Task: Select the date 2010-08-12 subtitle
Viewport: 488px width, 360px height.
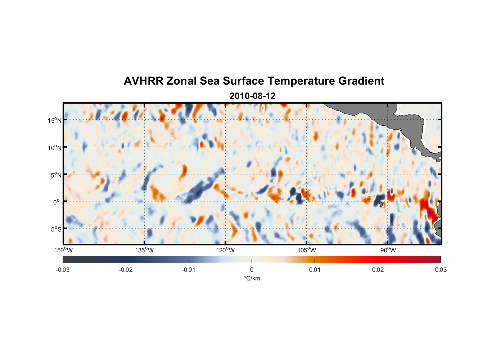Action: (x=252, y=96)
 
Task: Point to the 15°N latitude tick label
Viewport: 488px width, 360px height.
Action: (x=55, y=120)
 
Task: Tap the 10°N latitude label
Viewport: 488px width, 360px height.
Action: (x=55, y=148)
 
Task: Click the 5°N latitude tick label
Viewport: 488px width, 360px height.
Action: (x=56, y=175)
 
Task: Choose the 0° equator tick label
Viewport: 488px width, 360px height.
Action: (x=57, y=202)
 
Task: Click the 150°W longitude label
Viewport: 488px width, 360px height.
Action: (x=64, y=250)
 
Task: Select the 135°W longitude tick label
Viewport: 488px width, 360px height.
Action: (x=145, y=250)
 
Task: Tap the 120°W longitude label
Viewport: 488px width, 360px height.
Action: (x=226, y=250)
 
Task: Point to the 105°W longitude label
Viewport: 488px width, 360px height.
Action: (x=307, y=250)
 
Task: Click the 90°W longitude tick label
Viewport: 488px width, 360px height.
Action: (x=388, y=250)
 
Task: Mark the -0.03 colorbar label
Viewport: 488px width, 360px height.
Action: (x=63, y=270)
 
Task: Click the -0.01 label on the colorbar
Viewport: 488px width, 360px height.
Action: (x=189, y=270)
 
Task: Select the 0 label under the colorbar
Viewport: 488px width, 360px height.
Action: (x=252, y=270)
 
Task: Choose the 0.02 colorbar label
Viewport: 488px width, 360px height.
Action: (x=378, y=270)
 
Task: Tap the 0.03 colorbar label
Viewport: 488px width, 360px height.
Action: (x=440, y=270)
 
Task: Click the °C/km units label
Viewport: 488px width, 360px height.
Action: (x=252, y=278)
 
